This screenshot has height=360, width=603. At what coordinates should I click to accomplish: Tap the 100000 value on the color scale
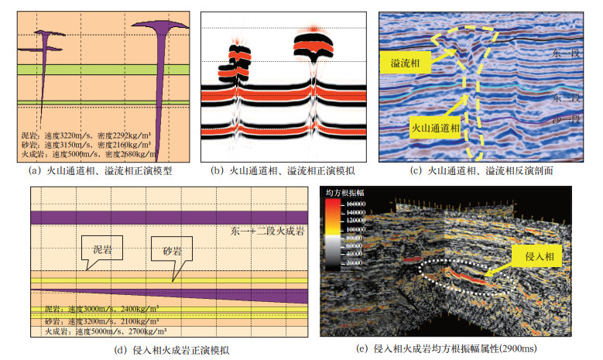(357, 230)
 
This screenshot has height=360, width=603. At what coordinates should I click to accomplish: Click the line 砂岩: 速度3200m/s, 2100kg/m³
(95, 320)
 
